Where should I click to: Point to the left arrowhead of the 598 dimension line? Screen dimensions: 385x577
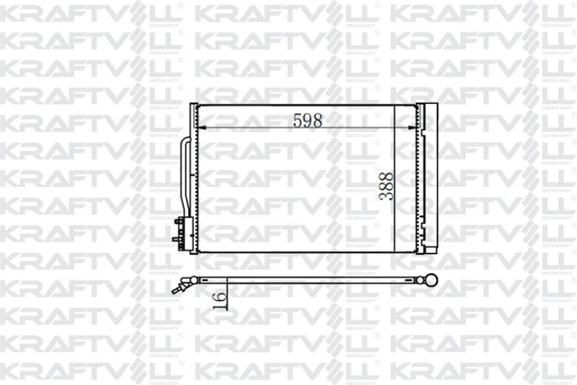point(204,128)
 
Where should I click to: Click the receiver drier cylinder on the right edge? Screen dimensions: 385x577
point(429,178)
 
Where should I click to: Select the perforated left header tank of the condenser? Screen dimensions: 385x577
point(193,178)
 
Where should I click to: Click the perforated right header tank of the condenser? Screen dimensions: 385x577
point(420,178)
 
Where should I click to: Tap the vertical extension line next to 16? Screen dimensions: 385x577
point(227,295)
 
